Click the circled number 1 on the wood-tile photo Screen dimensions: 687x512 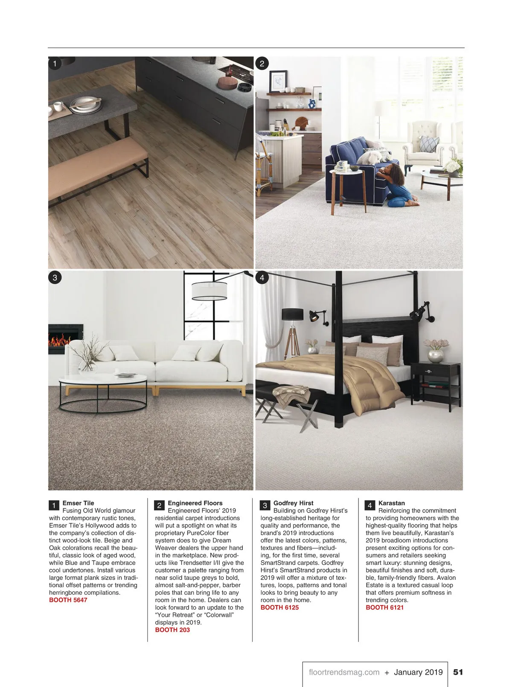(55, 64)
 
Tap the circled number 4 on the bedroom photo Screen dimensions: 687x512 (262, 278)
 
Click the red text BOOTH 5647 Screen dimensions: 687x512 (68, 600)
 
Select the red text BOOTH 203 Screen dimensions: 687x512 (172, 630)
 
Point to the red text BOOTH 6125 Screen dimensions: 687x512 (279, 607)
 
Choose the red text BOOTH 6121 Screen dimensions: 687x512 (384, 607)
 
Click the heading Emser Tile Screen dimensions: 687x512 (78, 503)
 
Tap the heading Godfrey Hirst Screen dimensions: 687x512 (293, 503)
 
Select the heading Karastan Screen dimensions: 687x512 (391, 503)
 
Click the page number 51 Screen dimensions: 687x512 (458, 672)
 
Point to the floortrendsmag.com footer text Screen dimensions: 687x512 (344, 672)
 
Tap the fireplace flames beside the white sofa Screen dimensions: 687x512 (60, 340)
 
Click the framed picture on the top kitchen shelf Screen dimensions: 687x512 (278, 81)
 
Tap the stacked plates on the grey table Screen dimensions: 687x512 (85, 105)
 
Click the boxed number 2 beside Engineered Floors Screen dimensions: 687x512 (159, 506)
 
